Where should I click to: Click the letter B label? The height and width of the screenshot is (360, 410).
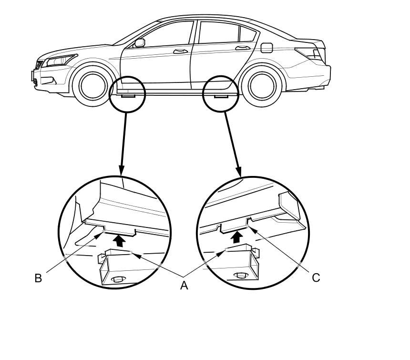pos(38,278)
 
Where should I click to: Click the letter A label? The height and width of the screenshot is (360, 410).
pos(184,285)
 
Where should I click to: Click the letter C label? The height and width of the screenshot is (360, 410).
pos(316,277)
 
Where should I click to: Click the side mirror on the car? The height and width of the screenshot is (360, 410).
pos(139,43)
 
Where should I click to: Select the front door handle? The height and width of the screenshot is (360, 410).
pos(180,51)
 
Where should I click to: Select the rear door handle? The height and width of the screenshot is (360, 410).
pos(242,47)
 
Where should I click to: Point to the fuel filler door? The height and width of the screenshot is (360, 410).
pos(267,48)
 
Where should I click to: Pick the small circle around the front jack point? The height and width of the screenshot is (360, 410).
pos(127,94)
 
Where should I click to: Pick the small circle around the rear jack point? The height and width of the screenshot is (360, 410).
pos(220,94)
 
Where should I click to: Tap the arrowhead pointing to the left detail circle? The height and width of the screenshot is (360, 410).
pos(121,170)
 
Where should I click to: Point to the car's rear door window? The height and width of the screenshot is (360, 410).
pos(218,32)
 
